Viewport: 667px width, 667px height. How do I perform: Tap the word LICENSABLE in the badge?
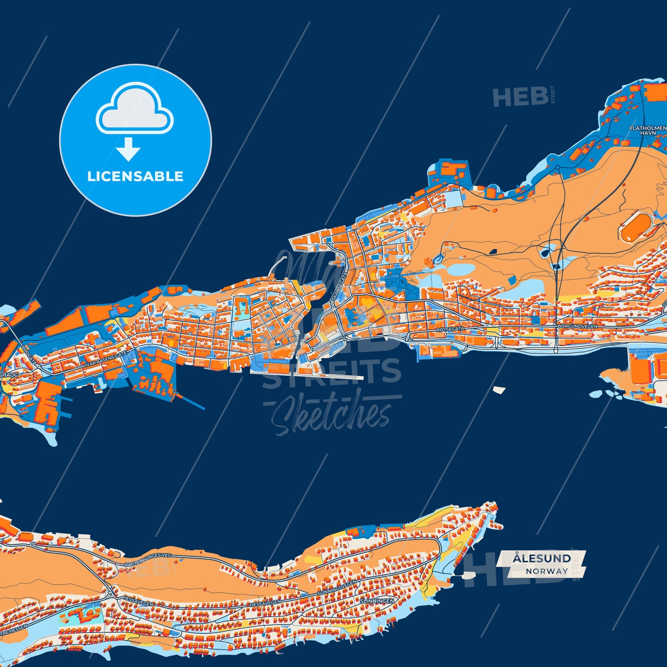point(135,176)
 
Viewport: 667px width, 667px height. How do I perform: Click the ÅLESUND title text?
point(541,559)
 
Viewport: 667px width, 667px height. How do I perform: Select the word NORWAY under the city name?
point(547,571)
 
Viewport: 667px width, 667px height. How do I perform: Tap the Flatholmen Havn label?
point(648,130)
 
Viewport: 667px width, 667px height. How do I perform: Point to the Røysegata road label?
point(450,329)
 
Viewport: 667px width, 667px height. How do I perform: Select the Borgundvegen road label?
point(577,326)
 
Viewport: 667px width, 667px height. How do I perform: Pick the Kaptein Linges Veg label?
point(148,560)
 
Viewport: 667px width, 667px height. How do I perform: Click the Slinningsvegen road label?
point(337,588)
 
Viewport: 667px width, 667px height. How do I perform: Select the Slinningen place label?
point(377,601)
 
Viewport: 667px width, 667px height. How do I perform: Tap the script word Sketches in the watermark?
point(330,415)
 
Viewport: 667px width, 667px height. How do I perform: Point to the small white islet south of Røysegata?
point(499,390)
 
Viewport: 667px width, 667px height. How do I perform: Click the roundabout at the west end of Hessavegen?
point(110,592)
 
